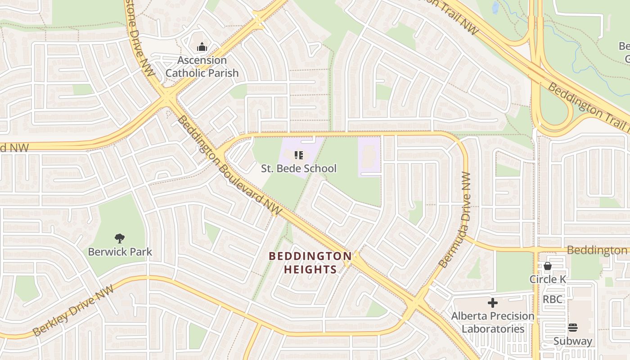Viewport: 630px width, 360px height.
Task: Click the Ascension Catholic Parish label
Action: pyautogui.click(x=202, y=66)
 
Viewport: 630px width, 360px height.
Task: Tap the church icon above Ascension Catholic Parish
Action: pyautogui.click(x=202, y=46)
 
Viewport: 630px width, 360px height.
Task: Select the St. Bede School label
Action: pyautogui.click(x=299, y=169)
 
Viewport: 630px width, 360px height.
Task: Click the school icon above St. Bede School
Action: pyautogui.click(x=298, y=155)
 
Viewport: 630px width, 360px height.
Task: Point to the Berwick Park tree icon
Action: pyautogui.click(x=120, y=238)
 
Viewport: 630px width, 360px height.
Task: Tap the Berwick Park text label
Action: pyautogui.click(x=120, y=252)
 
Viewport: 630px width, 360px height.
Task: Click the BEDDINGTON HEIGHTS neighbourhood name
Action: pyautogui.click(x=310, y=263)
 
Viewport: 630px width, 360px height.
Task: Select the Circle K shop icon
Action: pyautogui.click(x=548, y=266)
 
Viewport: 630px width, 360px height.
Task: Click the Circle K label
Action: pyautogui.click(x=548, y=279)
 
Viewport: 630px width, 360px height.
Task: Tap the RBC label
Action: pyautogui.click(x=552, y=299)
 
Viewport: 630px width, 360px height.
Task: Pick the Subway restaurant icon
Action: pyautogui.click(x=573, y=327)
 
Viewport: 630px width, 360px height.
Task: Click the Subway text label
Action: pyautogui.click(x=573, y=341)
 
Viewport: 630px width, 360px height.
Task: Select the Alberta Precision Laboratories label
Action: pyautogui.click(x=493, y=322)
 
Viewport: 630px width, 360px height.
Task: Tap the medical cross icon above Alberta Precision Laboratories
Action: pyautogui.click(x=493, y=303)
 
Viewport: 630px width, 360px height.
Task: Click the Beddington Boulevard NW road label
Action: pyautogui.click(x=229, y=165)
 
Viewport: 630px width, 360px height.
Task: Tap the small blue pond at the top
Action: pyautogui.click(x=495, y=7)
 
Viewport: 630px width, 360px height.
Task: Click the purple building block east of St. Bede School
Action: pyautogui.click(x=369, y=157)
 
